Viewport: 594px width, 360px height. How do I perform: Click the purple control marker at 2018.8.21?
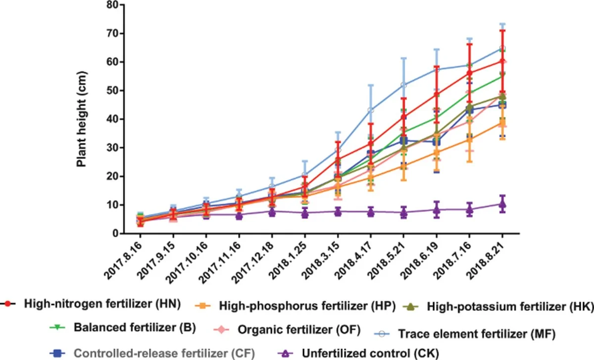(502, 204)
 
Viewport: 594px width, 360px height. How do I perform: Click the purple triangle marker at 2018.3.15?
(338, 211)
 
